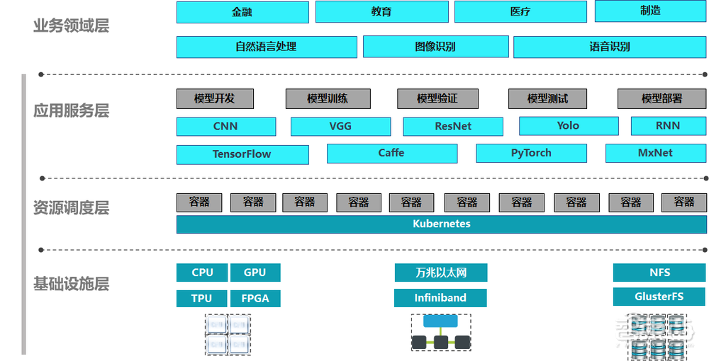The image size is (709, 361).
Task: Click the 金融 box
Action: (242, 12)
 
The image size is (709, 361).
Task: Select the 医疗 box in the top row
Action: (520, 12)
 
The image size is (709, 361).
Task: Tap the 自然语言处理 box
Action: (267, 47)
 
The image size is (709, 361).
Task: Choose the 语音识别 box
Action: (610, 47)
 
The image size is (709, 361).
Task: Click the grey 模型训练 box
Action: (328, 99)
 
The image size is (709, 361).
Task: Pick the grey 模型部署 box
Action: (661, 99)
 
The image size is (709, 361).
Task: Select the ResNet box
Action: (453, 127)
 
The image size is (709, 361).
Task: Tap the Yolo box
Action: (568, 126)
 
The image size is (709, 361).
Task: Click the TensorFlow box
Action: (242, 154)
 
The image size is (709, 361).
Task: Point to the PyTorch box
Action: (531, 153)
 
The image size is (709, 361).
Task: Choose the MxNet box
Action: (655, 153)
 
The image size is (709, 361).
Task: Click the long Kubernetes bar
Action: (441, 224)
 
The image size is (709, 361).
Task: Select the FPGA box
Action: (255, 299)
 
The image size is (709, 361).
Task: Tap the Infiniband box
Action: (440, 298)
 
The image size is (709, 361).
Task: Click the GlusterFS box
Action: (659, 297)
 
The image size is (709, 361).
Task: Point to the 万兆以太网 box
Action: (440, 273)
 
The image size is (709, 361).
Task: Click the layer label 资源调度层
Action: (71, 208)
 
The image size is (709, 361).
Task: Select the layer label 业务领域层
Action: (71, 26)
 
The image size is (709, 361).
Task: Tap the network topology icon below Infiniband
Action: (440, 331)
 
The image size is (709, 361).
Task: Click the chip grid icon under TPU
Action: (228, 334)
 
